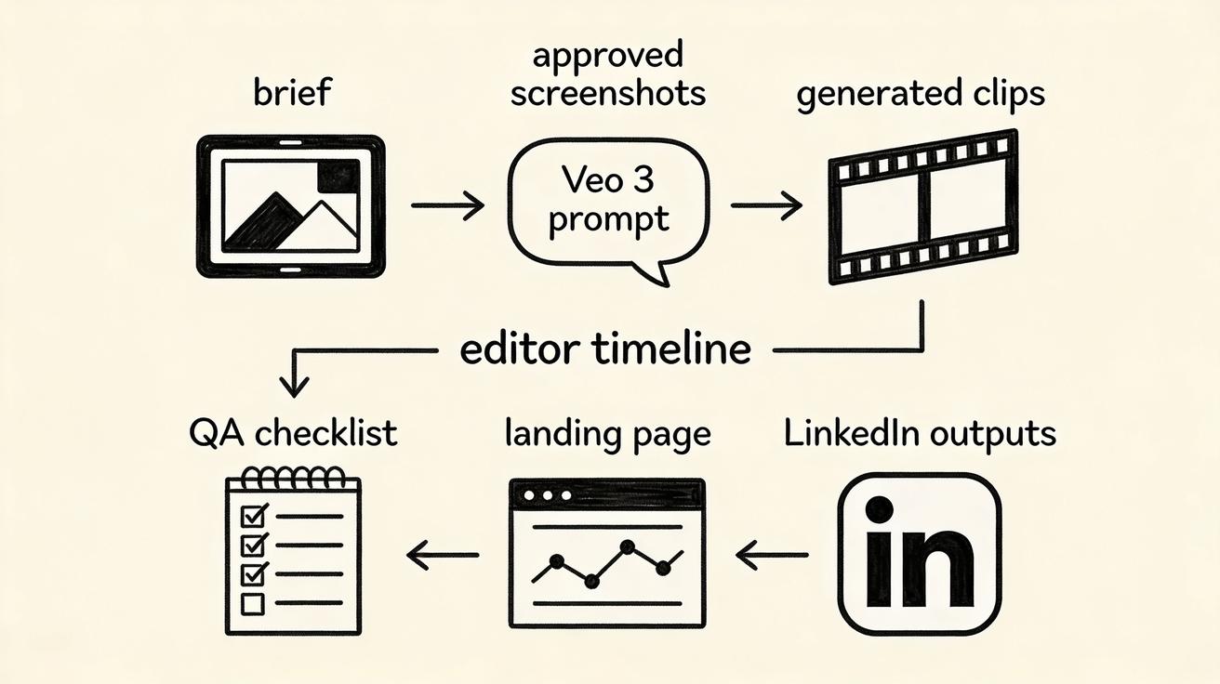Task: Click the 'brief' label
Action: pyautogui.click(x=293, y=92)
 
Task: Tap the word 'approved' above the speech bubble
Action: pyautogui.click(x=608, y=56)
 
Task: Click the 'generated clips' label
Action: pyautogui.click(x=921, y=94)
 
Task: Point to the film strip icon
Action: pyautogui.click(x=923, y=206)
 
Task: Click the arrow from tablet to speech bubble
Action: pyautogui.click(x=447, y=205)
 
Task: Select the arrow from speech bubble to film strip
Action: pyautogui.click(x=766, y=205)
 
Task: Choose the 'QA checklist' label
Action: pyautogui.click(x=293, y=433)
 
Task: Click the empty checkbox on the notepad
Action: pyautogui.click(x=253, y=604)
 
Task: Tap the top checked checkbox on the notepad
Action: pyautogui.click(x=254, y=515)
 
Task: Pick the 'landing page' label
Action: pyautogui.click(x=608, y=435)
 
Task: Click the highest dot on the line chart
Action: pyautogui.click(x=628, y=546)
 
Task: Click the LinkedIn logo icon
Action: pyautogui.click(x=920, y=554)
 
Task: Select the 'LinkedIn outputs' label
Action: pyautogui.click(x=920, y=434)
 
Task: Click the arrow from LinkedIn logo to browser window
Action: pyautogui.click(x=772, y=555)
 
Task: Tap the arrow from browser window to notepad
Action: pyautogui.click(x=443, y=555)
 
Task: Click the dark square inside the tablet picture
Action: pyautogui.click(x=338, y=177)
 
